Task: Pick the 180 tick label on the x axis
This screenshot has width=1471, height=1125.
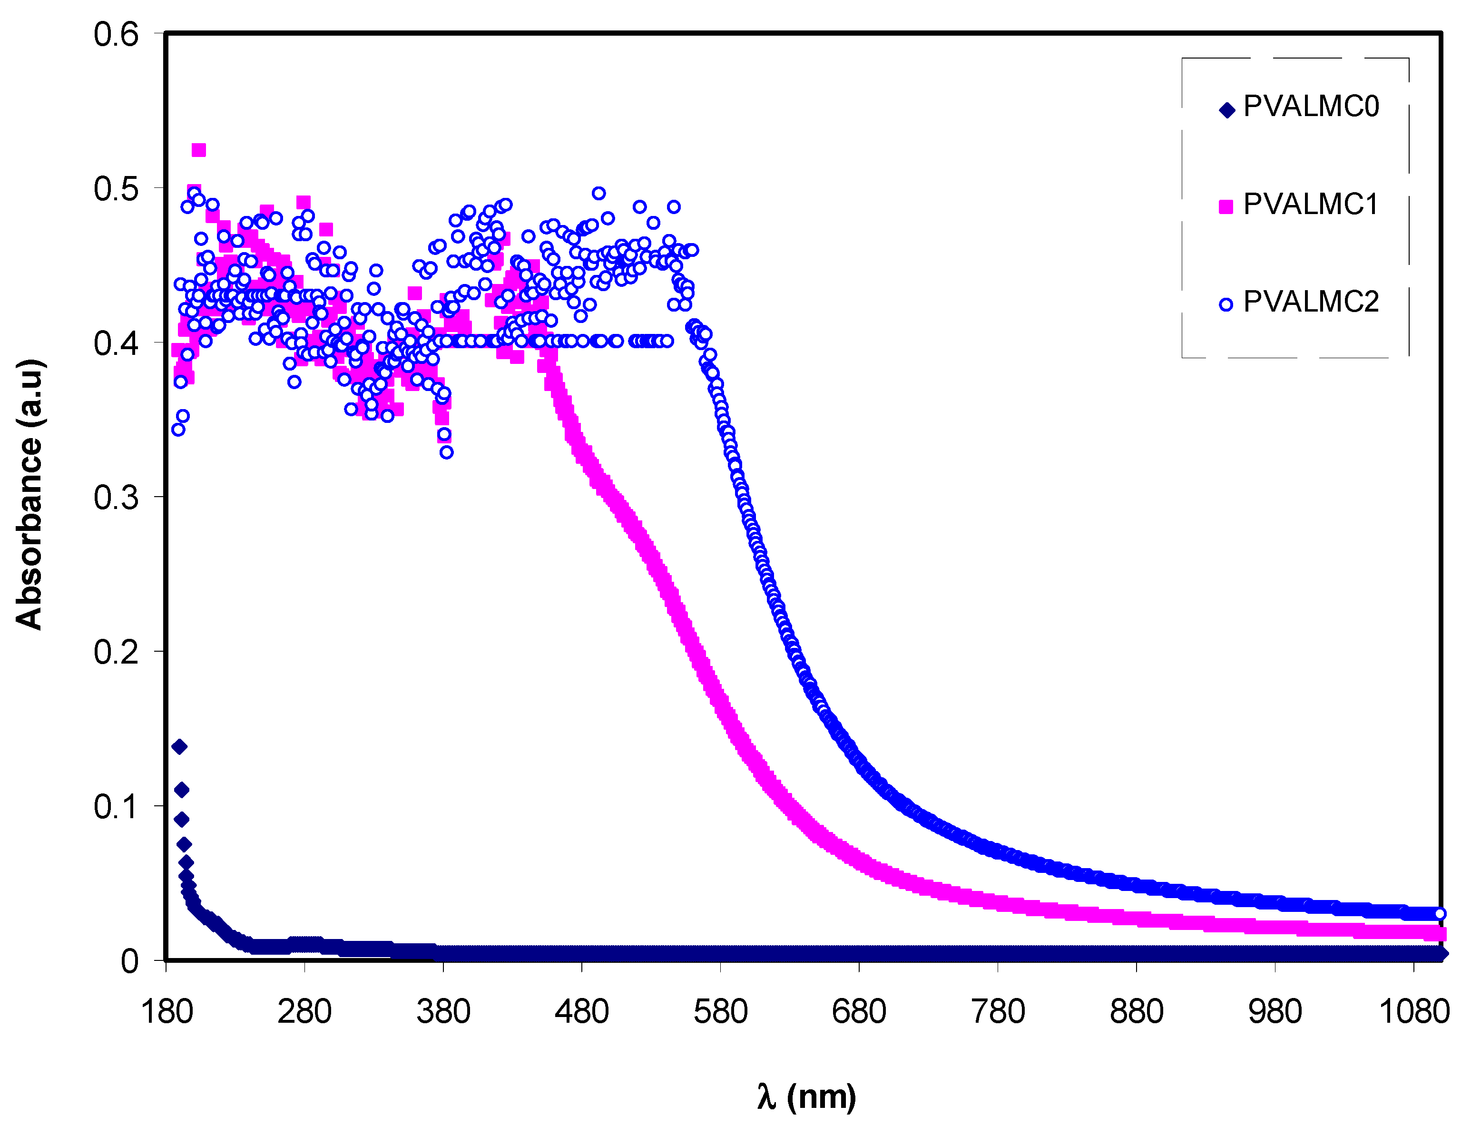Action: click(167, 1012)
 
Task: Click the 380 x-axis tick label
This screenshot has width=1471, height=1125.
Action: click(443, 1012)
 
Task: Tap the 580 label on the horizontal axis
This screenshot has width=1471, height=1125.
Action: click(720, 1012)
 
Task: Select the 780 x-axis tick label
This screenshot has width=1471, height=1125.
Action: click(998, 1012)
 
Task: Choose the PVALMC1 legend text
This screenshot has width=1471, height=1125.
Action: click(1311, 204)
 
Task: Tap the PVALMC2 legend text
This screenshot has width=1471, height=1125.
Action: click(1311, 302)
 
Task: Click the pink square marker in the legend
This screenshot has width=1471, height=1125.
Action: click(1226, 206)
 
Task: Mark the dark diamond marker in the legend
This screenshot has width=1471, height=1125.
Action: click(1226, 110)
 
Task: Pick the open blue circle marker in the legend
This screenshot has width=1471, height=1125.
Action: click(1226, 305)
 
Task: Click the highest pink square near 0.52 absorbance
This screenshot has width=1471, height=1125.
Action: click(198, 150)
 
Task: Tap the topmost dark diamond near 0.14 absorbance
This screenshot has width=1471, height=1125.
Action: click(179, 747)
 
